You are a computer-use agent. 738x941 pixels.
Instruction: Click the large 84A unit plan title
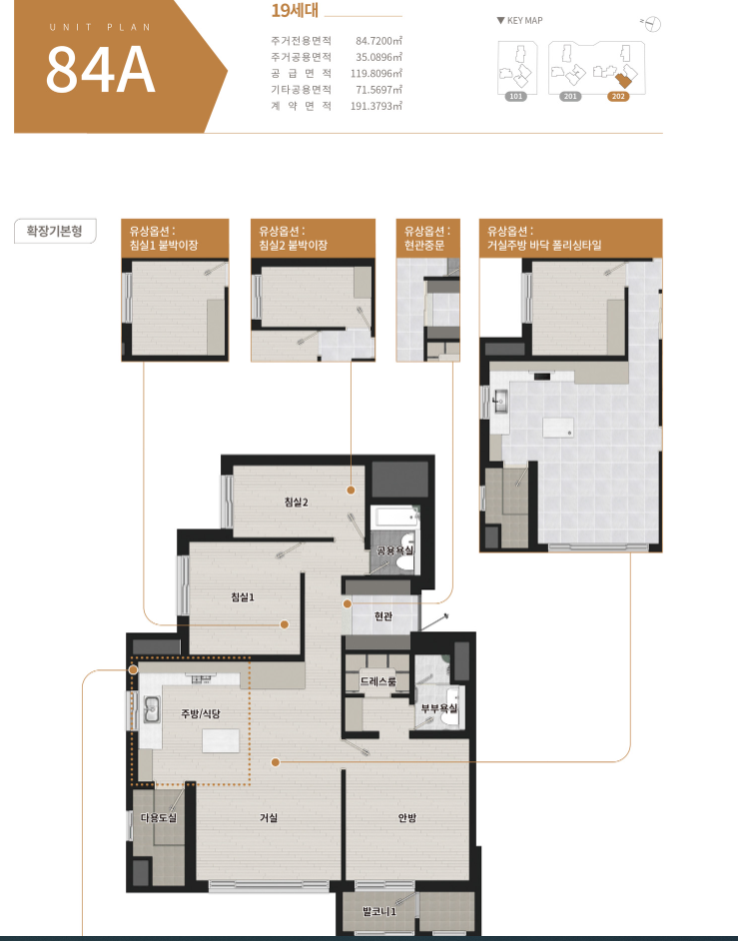pos(100,69)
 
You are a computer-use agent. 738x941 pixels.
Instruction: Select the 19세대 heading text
pos(295,10)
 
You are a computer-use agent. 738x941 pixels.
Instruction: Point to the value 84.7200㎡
pos(378,41)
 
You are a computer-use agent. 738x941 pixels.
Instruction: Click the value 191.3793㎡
pos(376,106)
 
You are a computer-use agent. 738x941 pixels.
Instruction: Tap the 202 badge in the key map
pos(618,96)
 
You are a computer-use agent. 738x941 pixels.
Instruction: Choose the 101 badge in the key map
pos(516,96)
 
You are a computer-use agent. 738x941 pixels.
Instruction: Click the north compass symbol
pos(651,24)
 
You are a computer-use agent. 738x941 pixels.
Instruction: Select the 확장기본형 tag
pos(55,231)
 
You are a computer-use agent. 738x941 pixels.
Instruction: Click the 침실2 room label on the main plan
pos(297,501)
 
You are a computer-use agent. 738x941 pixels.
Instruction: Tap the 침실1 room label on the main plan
pos(243,596)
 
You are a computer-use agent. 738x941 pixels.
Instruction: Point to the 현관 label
pos(382,615)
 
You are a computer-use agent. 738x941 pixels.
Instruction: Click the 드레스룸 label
pos(378,681)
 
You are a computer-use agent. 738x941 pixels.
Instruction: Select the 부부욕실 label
pos(439,708)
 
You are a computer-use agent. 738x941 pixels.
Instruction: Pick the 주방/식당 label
pos(201,713)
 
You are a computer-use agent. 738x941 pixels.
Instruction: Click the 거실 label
pos(269,817)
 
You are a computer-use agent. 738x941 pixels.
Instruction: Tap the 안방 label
pos(407,817)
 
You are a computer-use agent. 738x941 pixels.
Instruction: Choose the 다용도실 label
pos(159,817)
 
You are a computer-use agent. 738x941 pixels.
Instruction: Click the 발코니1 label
pos(379,911)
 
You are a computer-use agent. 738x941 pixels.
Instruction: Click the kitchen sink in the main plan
pos(151,709)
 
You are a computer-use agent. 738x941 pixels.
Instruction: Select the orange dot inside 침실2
pos(351,489)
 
